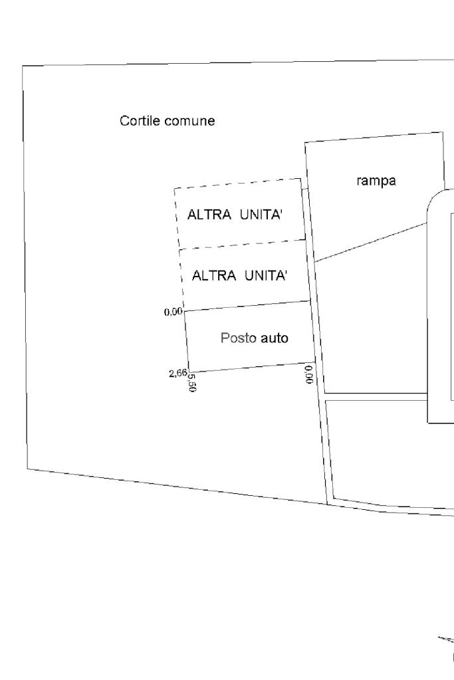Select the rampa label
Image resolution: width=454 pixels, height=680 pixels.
377,180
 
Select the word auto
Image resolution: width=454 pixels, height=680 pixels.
274,338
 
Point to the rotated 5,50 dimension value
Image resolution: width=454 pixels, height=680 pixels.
192,383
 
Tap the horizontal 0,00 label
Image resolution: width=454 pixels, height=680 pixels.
173,311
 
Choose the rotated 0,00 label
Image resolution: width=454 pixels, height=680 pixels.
308,374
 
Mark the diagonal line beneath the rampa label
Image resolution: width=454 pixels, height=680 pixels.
370,243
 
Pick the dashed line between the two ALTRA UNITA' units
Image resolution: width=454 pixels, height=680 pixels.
242,245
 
